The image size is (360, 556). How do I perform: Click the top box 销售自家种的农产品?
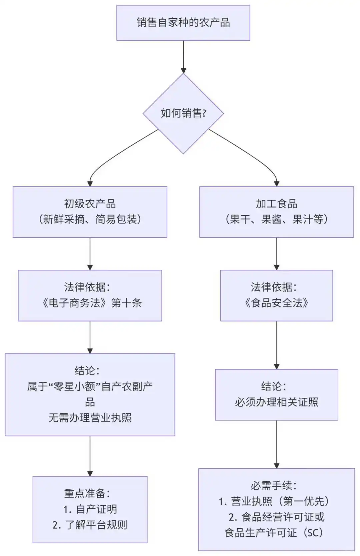pyautogui.click(x=183, y=23)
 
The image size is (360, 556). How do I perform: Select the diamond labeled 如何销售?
pyautogui.click(x=183, y=113)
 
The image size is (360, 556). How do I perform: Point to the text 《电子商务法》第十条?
pyautogui.click(x=90, y=303)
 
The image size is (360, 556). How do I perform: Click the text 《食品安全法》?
pyautogui.click(x=276, y=303)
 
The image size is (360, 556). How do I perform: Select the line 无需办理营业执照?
pyautogui.click(x=90, y=418)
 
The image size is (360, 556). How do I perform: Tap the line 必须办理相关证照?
pyautogui.click(x=276, y=402)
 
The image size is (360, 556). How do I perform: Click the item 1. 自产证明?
pyautogui.click(x=90, y=509)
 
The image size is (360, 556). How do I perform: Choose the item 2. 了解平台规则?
pyautogui.click(x=90, y=525)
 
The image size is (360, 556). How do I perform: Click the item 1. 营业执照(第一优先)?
pyautogui.click(x=274, y=501)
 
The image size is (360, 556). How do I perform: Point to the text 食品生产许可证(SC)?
pyautogui.click(x=274, y=533)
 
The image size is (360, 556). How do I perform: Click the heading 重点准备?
pyautogui.click(x=87, y=494)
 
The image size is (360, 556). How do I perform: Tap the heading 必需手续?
pyautogui.click(x=274, y=486)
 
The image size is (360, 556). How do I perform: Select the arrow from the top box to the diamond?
pyautogui.click(x=183, y=57)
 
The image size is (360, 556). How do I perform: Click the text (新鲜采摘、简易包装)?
pyautogui.click(x=90, y=219)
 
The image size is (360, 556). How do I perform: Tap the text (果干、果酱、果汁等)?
pyautogui.click(x=276, y=219)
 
